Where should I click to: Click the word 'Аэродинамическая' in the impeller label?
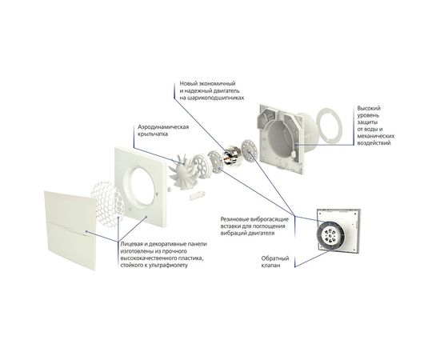click(163, 127)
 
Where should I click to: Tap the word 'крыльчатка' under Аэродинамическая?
click(152, 134)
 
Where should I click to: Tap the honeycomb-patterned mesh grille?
click(107, 203)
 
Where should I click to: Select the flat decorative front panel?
click(70, 230)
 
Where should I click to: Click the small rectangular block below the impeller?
click(198, 195)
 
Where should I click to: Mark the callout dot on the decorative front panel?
click(86, 232)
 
